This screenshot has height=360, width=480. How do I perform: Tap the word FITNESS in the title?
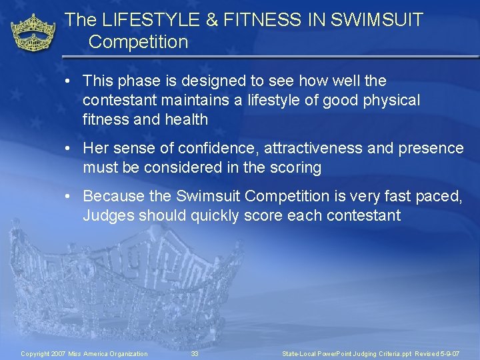point(251,20)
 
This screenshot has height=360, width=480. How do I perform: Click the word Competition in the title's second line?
point(138,42)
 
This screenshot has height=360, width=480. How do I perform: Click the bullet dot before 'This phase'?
point(69,81)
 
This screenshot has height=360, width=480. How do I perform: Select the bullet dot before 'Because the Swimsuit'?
point(69,197)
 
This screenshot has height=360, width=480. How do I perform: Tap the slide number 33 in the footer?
point(195,353)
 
